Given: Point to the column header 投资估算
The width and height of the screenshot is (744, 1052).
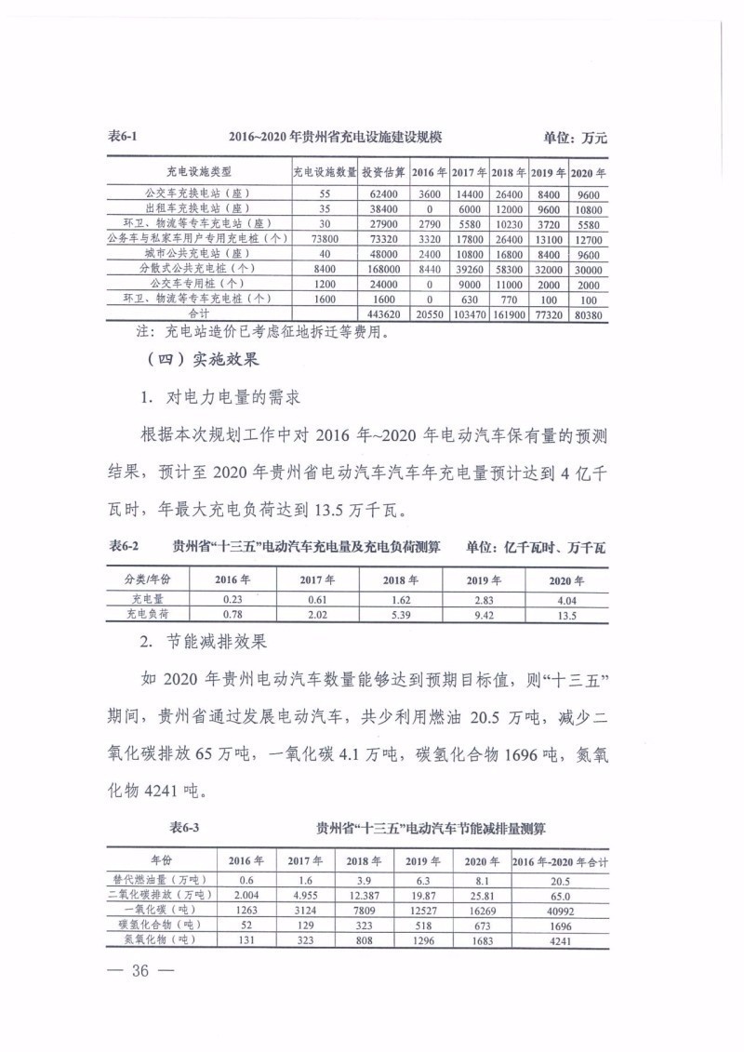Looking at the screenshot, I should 382,171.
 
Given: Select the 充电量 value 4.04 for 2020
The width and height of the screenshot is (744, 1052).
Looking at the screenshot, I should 565,600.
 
